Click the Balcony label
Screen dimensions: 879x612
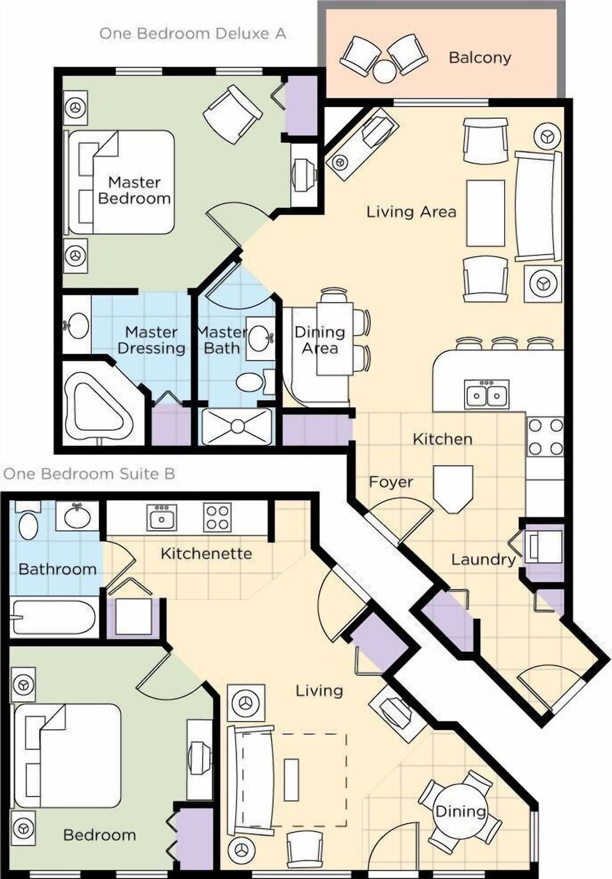(479, 57)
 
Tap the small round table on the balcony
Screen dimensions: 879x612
(384, 71)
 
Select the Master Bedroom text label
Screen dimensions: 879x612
(135, 190)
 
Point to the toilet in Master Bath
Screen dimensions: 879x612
(249, 383)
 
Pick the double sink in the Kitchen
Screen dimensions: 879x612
(487, 395)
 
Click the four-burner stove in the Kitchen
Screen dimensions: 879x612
(546, 436)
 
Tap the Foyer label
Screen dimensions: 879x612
(391, 482)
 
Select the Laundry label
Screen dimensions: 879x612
(483, 559)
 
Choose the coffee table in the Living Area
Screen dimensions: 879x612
(486, 213)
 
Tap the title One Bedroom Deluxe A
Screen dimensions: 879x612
(192, 34)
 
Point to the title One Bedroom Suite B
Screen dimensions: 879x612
(89, 474)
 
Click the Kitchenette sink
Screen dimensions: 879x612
(162, 517)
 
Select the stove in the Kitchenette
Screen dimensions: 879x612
(217, 517)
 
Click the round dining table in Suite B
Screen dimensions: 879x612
(459, 811)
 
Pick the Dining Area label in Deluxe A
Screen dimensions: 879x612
(319, 340)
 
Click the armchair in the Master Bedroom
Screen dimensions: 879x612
(232, 115)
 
